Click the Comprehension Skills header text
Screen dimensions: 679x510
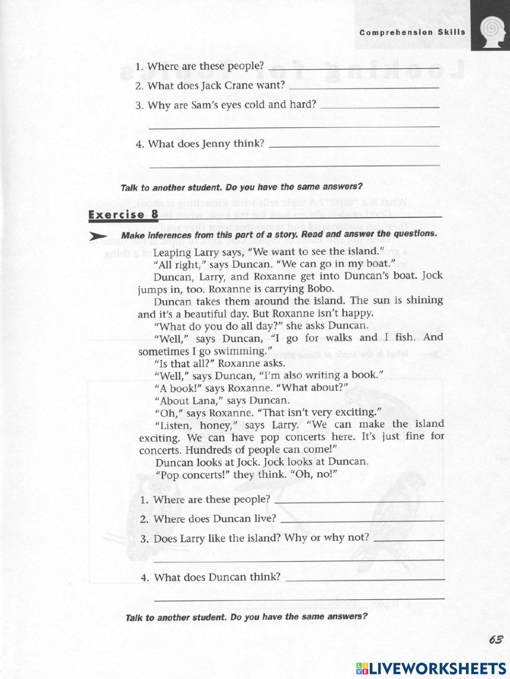412,32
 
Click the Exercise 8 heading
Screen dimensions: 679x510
123,214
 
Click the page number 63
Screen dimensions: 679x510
495,640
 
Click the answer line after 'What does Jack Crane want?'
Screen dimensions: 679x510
364,87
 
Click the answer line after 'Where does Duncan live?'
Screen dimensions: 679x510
362,520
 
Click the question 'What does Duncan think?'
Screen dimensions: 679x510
217,577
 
